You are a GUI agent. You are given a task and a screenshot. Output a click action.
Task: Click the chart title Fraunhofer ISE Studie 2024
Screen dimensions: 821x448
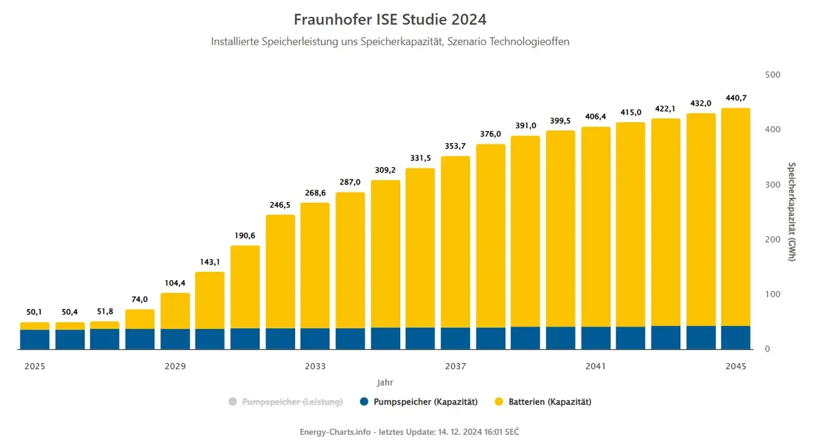point(390,19)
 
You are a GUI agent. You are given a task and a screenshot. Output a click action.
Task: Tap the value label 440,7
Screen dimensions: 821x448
point(736,98)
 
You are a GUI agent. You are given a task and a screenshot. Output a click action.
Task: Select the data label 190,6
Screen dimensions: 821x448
point(245,236)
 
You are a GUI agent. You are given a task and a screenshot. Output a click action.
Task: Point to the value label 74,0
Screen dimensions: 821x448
point(140,299)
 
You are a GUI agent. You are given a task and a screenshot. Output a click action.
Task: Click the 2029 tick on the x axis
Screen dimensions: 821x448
point(175,366)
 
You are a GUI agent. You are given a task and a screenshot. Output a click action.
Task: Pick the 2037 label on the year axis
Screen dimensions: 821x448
point(456,366)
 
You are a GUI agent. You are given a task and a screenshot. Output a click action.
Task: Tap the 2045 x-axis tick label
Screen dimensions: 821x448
point(736,366)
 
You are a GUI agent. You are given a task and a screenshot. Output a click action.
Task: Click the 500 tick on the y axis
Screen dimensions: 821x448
point(772,75)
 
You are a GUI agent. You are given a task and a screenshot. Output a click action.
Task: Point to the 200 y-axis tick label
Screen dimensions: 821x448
point(772,239)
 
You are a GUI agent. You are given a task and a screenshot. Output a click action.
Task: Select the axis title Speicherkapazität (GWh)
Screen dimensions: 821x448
point(792,212)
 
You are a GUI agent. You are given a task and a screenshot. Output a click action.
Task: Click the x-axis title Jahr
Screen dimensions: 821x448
point(385,383)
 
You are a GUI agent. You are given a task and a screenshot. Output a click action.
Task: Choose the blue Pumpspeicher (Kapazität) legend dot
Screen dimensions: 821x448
point(364,401)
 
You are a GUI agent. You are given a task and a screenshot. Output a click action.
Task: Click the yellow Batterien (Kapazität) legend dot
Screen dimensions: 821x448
point(499,401)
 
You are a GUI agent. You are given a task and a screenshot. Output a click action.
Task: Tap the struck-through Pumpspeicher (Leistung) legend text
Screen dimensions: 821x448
point(293,402)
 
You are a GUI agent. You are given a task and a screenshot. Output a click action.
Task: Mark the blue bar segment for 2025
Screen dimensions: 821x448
point(35,339)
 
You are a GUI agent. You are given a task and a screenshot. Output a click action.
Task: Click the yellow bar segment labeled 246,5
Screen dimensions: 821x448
point(281,271)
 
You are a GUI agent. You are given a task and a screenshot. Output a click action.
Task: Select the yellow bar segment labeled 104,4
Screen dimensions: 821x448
point(175,311)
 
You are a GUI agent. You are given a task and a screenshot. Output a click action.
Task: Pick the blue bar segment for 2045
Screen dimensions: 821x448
point(736,338)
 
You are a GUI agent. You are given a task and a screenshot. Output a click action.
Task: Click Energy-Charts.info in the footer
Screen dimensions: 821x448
point(335,432)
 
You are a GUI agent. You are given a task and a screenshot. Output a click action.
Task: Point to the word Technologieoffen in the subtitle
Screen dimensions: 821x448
point(530,42)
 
